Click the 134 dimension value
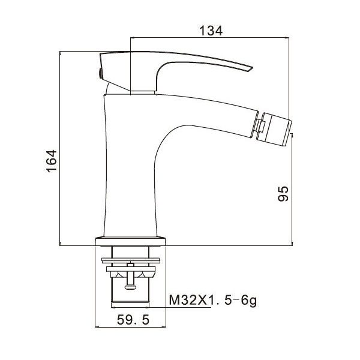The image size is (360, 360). point(211,31)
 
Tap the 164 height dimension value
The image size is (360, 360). point(52,161)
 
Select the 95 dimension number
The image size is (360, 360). point(283,194)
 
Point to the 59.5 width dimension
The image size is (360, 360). point(133,320)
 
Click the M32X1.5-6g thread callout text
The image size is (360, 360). point(213,301)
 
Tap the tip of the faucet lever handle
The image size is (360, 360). point(253,68)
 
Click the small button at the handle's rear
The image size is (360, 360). point(100,73)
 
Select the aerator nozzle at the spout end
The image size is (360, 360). point(275,130)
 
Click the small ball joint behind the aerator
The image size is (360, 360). point(261,126)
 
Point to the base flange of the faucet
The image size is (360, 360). point(130,241)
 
